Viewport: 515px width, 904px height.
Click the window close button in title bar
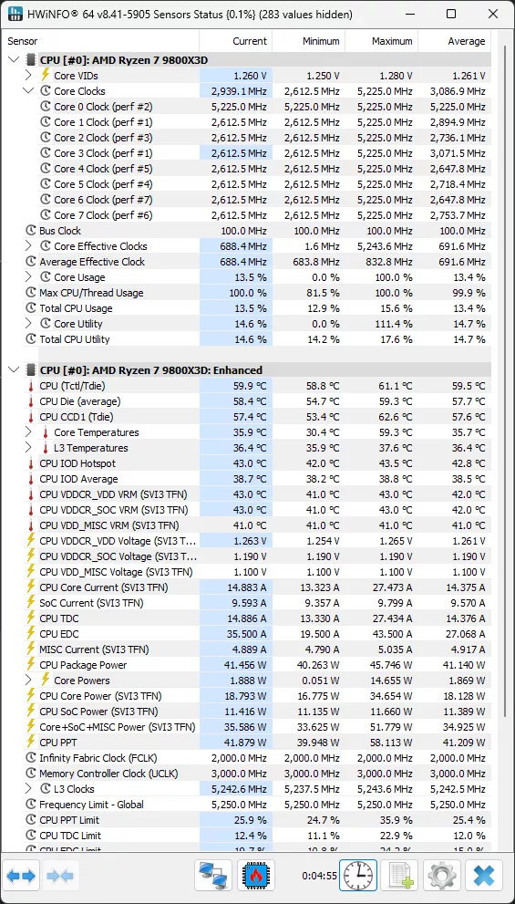point(492,14)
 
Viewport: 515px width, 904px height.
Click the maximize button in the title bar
point(451,14)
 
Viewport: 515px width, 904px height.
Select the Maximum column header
point(392,41)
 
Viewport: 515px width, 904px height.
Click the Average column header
point(466,41)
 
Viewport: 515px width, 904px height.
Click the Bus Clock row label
point(60,231)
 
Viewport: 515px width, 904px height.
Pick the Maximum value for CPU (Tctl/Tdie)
point(393,386)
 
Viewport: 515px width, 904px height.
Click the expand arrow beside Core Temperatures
point(29,432)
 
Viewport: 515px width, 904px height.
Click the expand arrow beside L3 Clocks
point(29,789)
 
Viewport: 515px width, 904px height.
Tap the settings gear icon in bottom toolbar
point(442,876)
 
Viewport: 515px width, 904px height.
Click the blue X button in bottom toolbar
point(484,876)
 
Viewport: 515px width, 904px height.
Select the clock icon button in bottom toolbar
point(358,876)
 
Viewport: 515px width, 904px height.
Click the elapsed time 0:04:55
point(319,877)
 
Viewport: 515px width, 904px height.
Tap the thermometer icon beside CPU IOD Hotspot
point(30,463)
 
